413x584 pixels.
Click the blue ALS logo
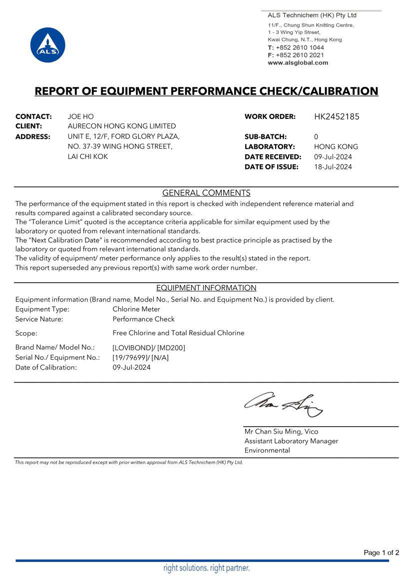coord(48,45)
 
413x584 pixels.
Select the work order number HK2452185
coord(337,117)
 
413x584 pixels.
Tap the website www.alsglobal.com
coord(298,63)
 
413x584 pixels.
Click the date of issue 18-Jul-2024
coord(333,167)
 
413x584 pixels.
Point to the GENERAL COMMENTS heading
coord(206,193)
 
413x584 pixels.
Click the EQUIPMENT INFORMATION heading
coord(206,288)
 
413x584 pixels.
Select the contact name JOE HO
coord(80,116)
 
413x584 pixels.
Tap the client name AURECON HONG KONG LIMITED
coord(122,126)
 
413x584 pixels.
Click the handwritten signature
coord(283,404)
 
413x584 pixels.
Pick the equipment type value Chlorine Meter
coord(136,309)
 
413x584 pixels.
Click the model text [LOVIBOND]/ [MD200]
coord(149,347)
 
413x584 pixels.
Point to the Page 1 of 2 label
coord(382,553)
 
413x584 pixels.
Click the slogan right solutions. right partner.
coord(206,568)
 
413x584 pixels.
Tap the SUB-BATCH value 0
coord(316,136)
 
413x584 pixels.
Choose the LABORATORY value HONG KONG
coord(336,147)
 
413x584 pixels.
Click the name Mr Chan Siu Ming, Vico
coord(281,432)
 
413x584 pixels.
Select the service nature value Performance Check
coord(144,319)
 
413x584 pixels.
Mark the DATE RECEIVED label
coord(273,157)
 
